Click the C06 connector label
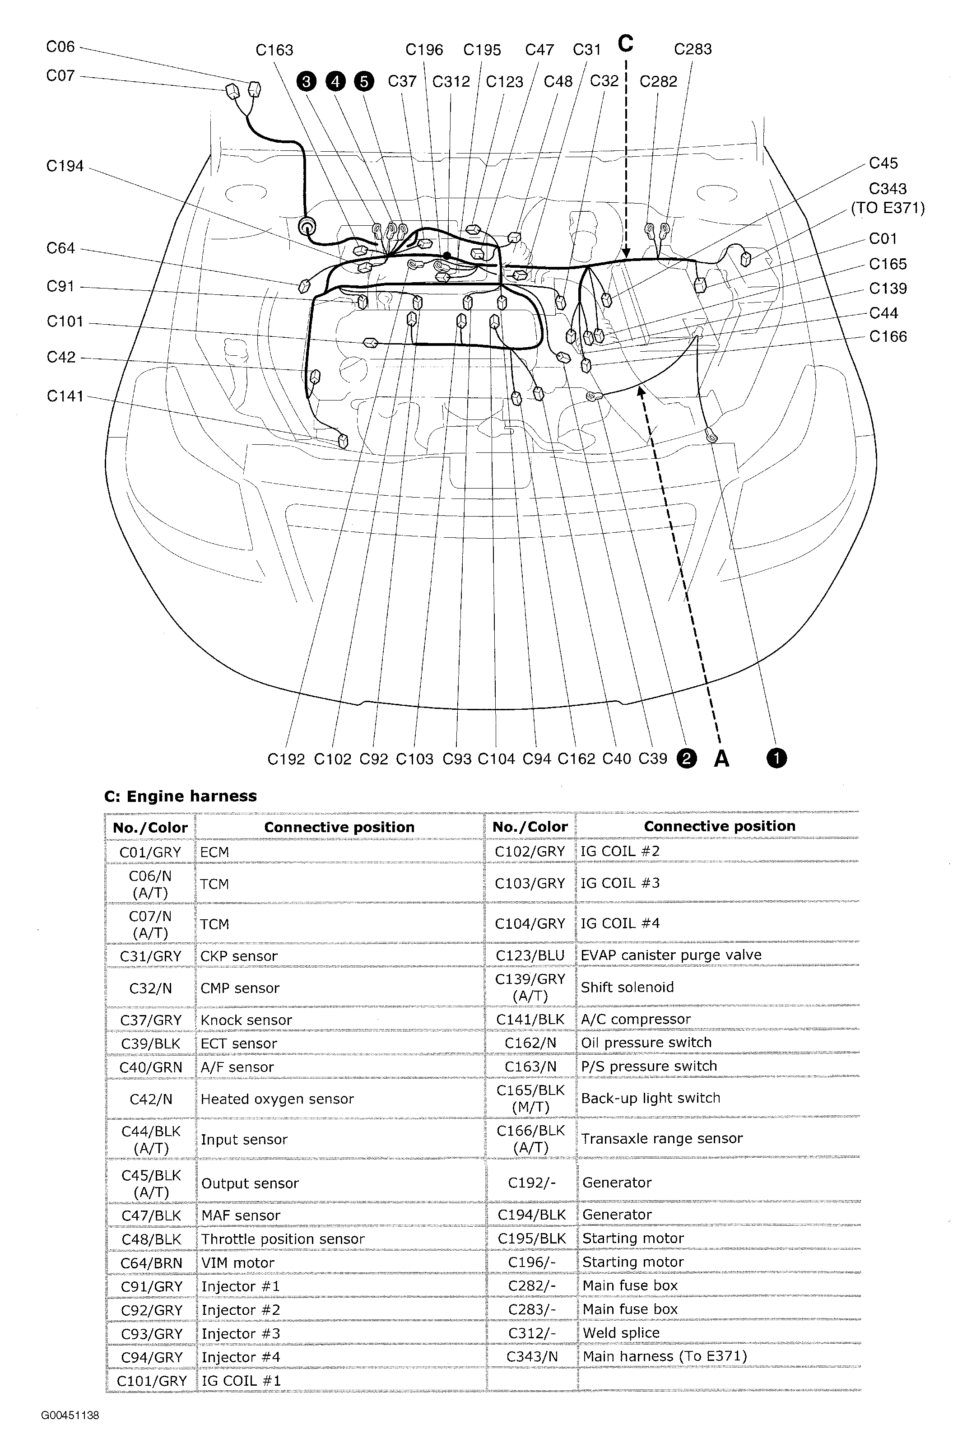pos(60,47)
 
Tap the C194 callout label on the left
pos(65,167)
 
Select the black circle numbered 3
pos(306,81)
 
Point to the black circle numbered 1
pos(776,758)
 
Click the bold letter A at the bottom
pos(721,759)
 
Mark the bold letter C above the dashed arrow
pos(625,44)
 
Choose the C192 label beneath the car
pos(286,759)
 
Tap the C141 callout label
pos(65,396)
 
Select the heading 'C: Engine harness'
pos(180,796)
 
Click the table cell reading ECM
pos(214,852)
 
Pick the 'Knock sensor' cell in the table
pos(246,1020)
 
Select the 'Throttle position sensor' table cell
pos(283,1239)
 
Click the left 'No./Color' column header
pos(150,828)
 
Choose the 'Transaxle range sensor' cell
pos(661,1138)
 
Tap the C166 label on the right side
pos(888,337)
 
